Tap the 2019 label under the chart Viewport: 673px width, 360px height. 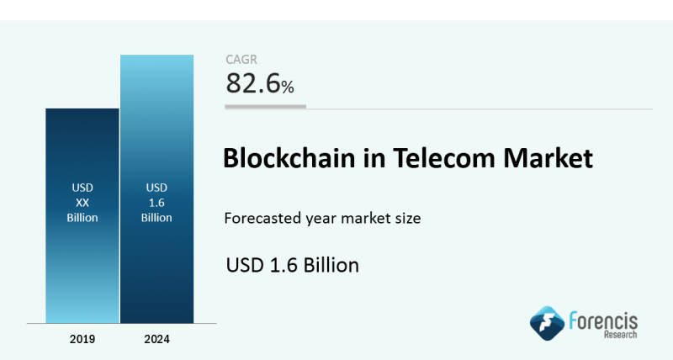(x=82, y=339)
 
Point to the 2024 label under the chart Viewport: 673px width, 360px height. (x=157, y=339)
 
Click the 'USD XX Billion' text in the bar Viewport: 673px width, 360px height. (x=82, y=202)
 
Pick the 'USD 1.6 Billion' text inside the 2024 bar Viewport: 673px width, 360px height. (x=157, y=202)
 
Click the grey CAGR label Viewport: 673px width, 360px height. (x=241, y=59)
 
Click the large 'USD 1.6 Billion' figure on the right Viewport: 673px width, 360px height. (x=293, y=265)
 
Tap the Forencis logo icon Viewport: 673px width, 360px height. (x=545, y=322)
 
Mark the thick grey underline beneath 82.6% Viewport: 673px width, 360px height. (x=265, y=107)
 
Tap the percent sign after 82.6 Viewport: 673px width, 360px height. (x=288, y=86)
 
